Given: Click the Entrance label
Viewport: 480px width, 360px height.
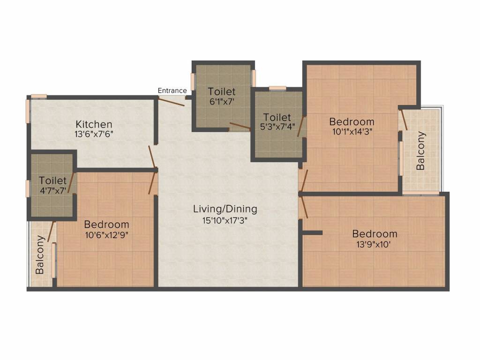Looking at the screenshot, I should (172, 90).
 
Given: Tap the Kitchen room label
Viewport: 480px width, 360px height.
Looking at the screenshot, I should (94, 124).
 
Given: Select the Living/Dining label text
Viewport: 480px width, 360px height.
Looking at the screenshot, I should (225, 209).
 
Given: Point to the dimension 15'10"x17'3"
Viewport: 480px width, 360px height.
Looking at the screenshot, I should (225, 220).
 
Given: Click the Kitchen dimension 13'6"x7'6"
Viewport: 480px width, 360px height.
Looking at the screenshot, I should (94, 134).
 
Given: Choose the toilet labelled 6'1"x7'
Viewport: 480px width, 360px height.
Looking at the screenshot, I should (222, 96).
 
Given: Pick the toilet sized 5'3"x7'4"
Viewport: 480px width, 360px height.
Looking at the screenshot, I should (277, 122).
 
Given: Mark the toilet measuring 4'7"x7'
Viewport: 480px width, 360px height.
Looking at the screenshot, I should (52, 185).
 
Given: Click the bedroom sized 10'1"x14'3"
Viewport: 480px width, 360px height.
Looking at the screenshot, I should (352, 127).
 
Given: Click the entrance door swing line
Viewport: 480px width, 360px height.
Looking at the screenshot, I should (172, 101).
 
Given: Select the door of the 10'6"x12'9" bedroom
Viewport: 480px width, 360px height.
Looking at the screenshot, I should (152, 183).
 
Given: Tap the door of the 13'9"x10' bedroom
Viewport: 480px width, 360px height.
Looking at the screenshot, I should (304, 206).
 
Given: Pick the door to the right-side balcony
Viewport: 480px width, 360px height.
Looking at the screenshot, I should (404, 120).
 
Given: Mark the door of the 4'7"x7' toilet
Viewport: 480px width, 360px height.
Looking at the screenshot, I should (70, 183).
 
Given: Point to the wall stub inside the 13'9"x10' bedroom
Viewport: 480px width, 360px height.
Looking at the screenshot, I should (313, 232).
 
